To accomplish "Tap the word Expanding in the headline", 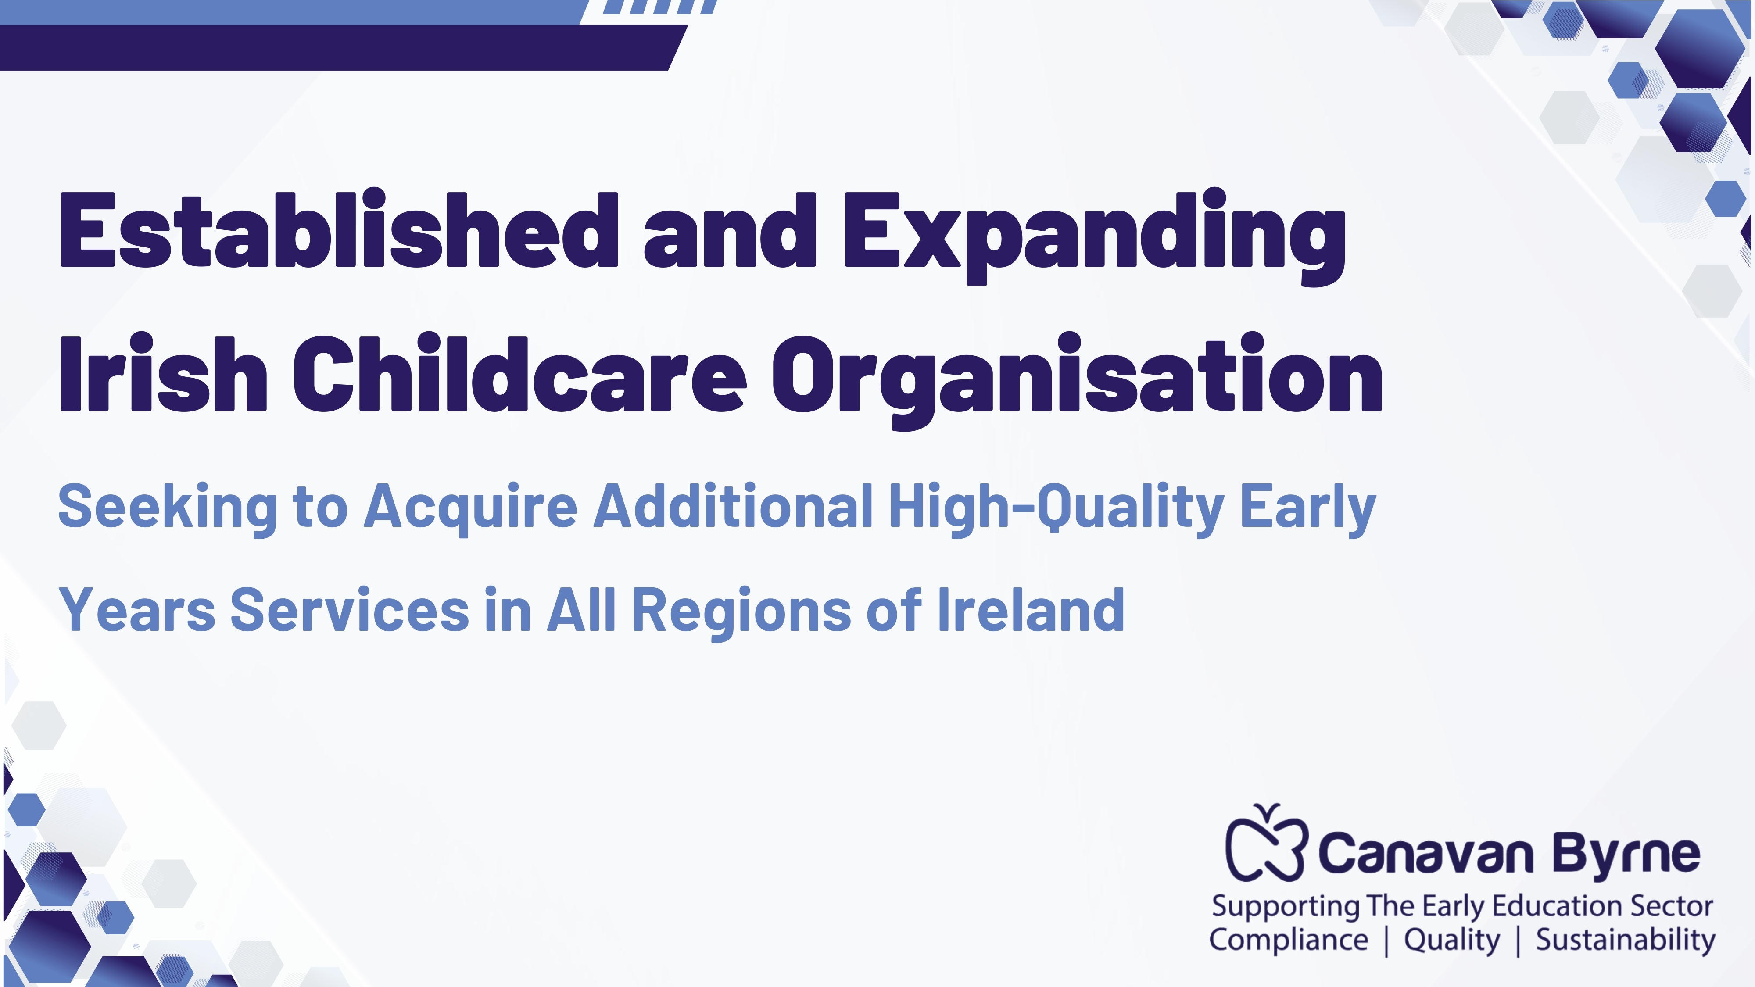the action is pyautogui.click(x=1095, y=236).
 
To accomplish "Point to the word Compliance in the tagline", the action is pyautogui.click(x=1288, y=941).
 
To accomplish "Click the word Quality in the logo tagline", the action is pyautogui.click(x=1452, y=941).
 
